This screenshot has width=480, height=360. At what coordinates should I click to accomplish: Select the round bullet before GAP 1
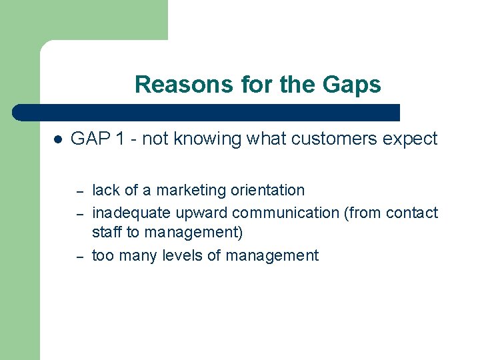[x=58, y=140]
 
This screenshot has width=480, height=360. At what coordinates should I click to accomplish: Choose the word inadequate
[x=131, y=213]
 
